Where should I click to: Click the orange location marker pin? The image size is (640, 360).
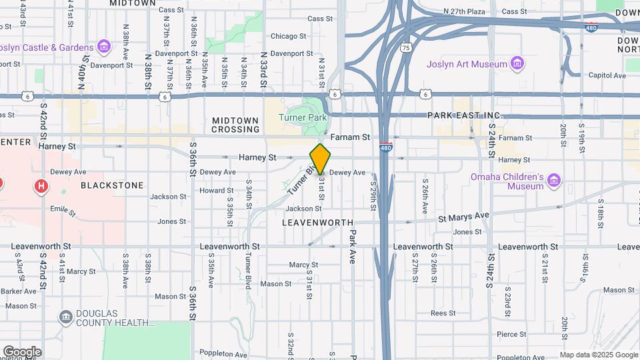click(320, 159)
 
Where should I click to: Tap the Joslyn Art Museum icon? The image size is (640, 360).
click(517, 64)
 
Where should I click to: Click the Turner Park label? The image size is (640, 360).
click(303, 117)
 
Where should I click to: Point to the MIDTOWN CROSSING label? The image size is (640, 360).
click(235, 125)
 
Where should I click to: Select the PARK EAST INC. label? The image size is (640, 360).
click(465, 116)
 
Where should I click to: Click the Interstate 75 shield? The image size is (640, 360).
click(406, 47)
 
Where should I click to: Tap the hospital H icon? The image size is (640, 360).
click(41, 186)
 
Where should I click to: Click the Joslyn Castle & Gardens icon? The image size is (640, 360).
click(103, 47)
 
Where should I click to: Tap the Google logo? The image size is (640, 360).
click(21, 351)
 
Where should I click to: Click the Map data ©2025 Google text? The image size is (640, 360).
click(598, 355)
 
